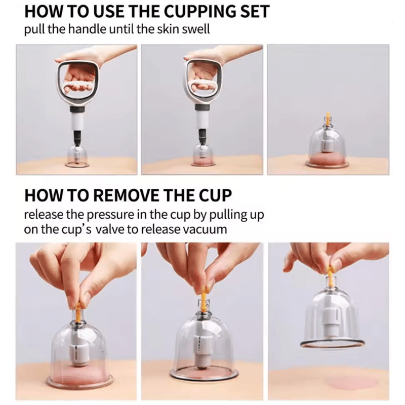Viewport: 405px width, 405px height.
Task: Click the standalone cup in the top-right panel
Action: coord(328,147)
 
